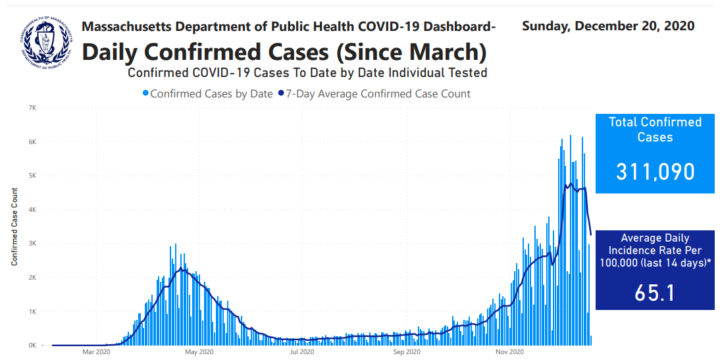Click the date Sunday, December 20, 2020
point(608,26)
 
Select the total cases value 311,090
point(655,172)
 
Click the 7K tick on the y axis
point(32,107)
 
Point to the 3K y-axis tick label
point(32,244)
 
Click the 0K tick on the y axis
point(32,345)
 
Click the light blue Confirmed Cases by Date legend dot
point(145,94)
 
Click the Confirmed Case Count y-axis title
point(14,226)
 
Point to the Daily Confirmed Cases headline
point(284,51)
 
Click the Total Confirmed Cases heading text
point(655,130)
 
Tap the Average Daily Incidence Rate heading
point(655,250)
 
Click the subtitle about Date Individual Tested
point(307,72)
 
